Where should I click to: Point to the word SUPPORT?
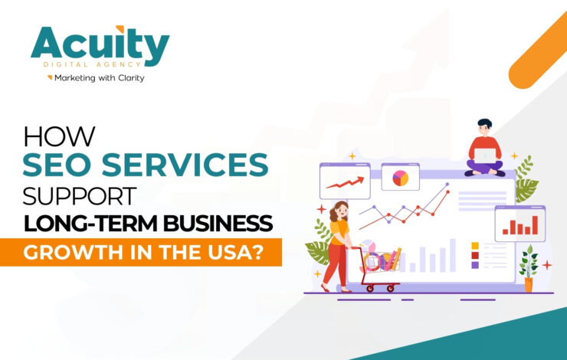point(80,195)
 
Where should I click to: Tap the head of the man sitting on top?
point(483,126)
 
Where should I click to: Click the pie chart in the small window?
point(400,178)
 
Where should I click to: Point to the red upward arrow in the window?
point(344,182)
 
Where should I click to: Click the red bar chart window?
point(519,223)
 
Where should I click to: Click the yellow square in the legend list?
point(475,246)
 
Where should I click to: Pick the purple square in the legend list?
point(475,265)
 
